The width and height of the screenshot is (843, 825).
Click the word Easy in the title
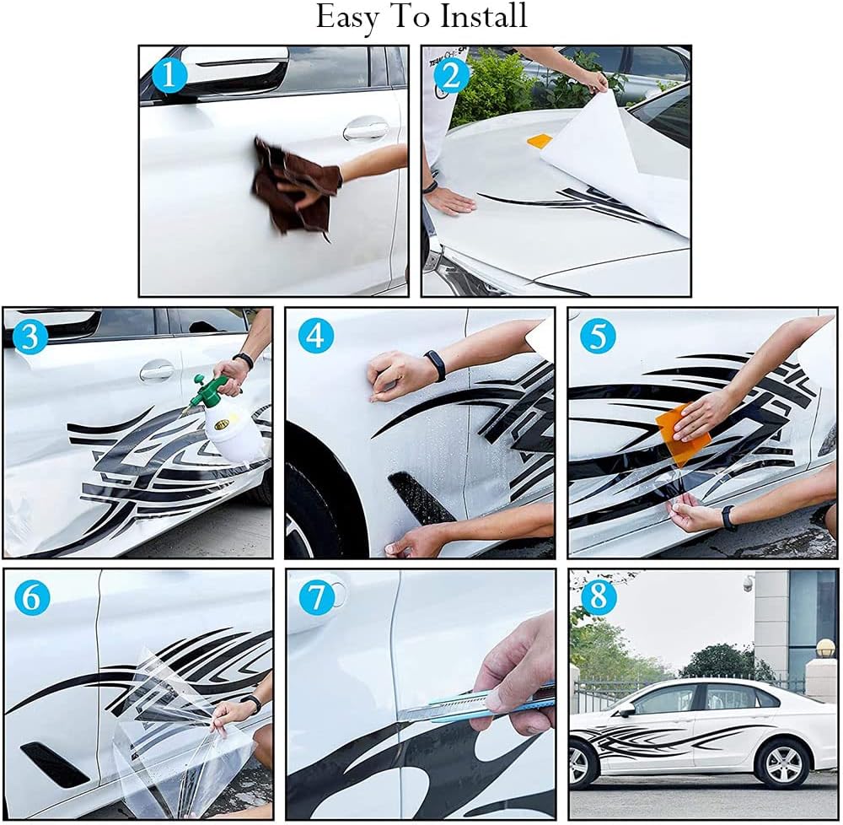(349, 18)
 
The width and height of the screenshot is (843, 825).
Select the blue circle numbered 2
(452, 76)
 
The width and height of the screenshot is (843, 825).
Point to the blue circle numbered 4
(315, 337)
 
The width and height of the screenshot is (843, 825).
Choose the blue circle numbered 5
(598, 337)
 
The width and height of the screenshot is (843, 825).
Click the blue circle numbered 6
(31, 597)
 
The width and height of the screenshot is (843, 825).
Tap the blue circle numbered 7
(315, 597)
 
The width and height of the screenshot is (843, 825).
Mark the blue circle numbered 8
(599, 597)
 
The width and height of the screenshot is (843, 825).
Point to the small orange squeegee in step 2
(539, 141)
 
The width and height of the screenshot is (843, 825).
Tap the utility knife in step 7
(481, 704)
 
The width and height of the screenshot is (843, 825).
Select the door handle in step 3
(157, 370)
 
